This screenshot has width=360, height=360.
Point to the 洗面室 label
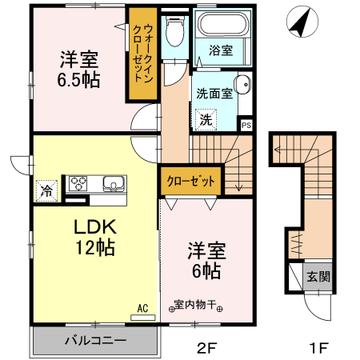click(x=214, y=93)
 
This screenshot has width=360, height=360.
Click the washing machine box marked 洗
click(x=206, y=120)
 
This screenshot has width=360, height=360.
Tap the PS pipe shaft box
click(x=246, y=125)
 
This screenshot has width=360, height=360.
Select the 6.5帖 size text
click(x=78, y=80)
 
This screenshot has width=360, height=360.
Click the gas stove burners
click(x=79, y=182)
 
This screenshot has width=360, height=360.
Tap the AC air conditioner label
click(x=142, y=306)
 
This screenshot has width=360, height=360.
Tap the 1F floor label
click(x=319, y=348)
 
